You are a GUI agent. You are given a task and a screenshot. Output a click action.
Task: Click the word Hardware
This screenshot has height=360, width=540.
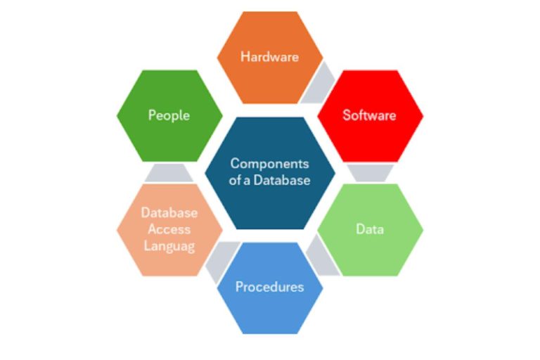pos(270,57)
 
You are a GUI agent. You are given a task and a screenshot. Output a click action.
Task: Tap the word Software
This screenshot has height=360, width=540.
pos(369,115)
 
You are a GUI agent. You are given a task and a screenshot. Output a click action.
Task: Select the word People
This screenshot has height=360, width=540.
pos(169,115)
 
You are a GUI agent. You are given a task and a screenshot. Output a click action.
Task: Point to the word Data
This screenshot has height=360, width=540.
pos(370,229)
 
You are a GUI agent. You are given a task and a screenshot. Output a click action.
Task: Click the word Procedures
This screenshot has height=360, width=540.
pos(270,287)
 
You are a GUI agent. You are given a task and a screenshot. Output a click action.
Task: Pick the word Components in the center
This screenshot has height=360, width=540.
pos(270,164)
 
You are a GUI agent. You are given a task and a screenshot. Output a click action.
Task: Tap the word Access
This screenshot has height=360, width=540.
pos(169,229)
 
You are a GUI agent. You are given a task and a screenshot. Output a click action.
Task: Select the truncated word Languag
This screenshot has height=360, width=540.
pos(169,246)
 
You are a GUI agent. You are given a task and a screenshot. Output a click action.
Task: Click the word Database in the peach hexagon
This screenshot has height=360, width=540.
pos(169,212)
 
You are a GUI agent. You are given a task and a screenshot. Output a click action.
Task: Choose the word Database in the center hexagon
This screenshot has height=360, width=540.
pos(282,180)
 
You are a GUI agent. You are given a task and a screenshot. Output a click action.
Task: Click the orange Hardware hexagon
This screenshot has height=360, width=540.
pos(270,58)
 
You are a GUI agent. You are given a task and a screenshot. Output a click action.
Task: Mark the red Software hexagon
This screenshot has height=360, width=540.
pos(371,116)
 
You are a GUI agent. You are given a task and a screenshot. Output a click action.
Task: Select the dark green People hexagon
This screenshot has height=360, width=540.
pos(169,116)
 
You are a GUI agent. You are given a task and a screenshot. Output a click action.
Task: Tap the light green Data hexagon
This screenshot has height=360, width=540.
pos(371,230)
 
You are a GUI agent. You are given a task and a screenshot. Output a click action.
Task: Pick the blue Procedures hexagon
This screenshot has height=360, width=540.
pos(270,288)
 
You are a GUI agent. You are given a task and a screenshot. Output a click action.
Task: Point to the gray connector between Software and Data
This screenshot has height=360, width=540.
pos(371,173)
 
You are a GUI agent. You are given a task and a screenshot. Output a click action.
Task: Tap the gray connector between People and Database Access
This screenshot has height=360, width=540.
pos(169,172)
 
